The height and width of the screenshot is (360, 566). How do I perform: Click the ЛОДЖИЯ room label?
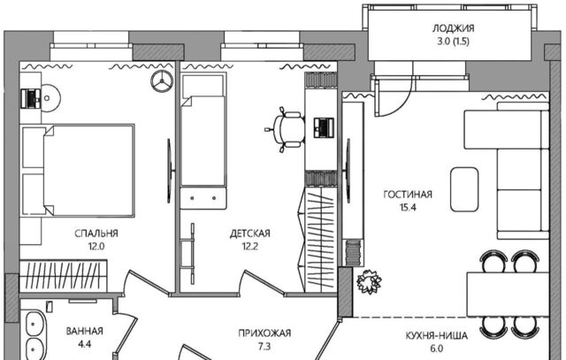453,28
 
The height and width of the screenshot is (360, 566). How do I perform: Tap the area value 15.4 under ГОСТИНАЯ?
408,208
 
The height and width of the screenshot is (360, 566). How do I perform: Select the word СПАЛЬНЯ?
96,234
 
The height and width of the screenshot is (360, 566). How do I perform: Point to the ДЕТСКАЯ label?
249,234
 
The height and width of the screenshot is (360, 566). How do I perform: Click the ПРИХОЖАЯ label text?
264,333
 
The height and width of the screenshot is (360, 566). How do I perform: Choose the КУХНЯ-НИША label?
436,336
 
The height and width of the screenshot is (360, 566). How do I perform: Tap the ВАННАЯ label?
85,331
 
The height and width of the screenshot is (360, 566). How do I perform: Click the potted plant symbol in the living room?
369,281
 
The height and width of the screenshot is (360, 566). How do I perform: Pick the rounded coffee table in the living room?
464,189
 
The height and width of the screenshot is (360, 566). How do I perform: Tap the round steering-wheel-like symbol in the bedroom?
162,80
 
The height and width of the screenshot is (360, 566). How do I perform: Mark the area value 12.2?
249,247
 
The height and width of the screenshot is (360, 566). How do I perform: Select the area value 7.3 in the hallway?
264,347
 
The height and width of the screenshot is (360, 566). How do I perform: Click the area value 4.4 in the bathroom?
85,344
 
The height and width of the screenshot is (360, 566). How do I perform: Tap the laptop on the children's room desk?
324,127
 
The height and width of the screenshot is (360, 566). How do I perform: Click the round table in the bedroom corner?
50,98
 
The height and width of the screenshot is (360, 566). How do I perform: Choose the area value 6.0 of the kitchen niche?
436,349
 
